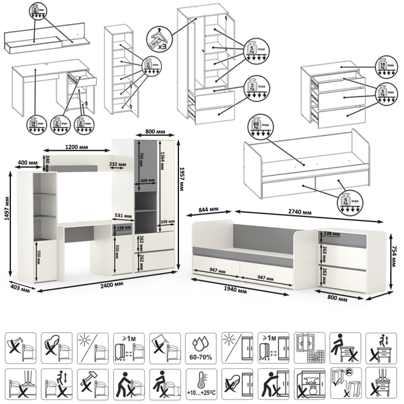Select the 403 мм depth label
tap(19, 287)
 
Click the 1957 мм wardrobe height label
tap(182, 172)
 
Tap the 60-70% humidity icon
tap(201, 347)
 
